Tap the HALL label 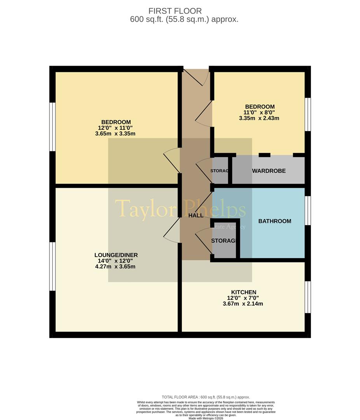(196, 215)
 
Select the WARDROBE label (269, 171)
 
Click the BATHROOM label (274, 221)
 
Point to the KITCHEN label (243, 292)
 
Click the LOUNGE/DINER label (116, 255)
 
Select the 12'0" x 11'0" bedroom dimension (116, 128)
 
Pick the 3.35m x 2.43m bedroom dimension (259, 118)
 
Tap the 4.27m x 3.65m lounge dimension (116, 267)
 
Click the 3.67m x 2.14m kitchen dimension (243, 304)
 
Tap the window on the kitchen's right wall (308, 297)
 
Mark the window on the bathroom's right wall (308, 210)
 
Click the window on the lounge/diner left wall (52, 266)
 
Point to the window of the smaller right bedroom (308, 114)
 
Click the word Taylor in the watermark (143, 209)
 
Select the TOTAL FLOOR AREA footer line (206, 397)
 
